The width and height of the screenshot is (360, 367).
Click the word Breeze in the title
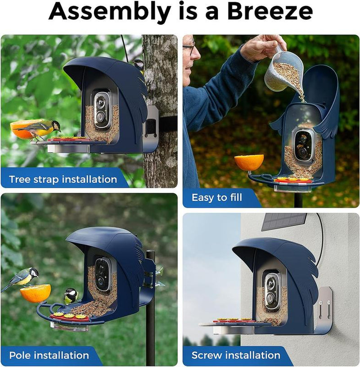coord(270,13)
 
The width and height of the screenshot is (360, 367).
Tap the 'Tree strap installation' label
coord(63,179)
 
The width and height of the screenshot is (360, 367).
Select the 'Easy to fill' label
coord(217,197)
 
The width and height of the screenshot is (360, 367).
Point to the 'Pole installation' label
coord(49,356)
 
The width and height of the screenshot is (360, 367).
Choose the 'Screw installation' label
coord(235,355)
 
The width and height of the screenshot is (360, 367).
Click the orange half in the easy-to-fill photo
coord(249,162)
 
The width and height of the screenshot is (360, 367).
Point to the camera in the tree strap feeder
coord(102,109)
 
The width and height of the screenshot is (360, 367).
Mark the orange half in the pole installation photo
coord(35,293)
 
